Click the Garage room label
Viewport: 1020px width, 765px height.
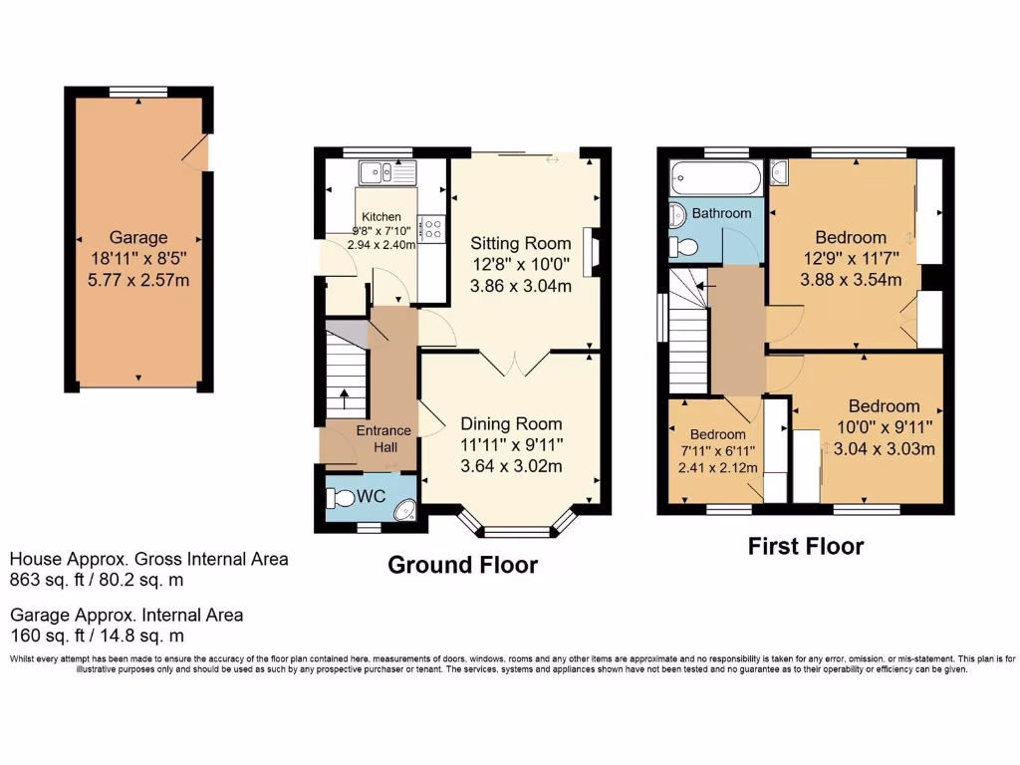pyautogui.click(x=138, y=238)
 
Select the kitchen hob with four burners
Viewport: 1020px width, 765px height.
pyautogui.click(x=433, y=229)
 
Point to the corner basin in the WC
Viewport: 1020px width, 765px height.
pyautogui.click(x=404, y=510)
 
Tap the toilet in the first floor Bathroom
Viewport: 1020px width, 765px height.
pyautogui.click(x=683, y=245)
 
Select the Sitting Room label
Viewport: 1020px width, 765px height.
pyautogui.click(x=521, y=243)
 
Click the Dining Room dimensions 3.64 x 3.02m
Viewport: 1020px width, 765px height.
pyautogui.click(x=511, y=466)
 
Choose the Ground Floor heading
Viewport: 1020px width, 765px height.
pyautogui.click(x=462, y=566)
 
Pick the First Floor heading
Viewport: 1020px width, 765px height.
pyautogui.click(x=806, y=546)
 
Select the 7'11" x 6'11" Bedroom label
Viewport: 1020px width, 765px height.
pyautogui.click(x=717, y=435)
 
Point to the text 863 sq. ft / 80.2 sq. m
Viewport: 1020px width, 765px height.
pyautogui.click(x=98, y=579)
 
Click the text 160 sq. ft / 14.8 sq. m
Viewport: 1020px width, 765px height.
pyautogui.click(x=98, y=636)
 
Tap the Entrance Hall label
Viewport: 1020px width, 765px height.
pyautogui.click(x=383, y=438)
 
